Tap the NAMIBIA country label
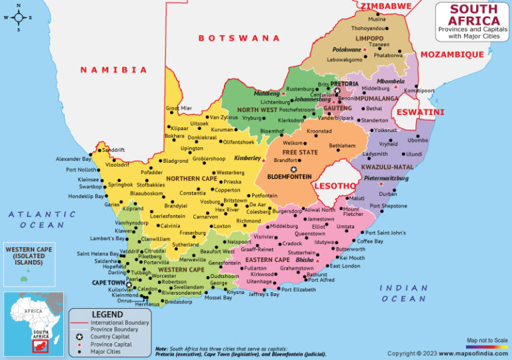[x=113, y=69]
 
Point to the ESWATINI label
[x=420, y=112]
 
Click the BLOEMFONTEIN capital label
[x=289, y=177]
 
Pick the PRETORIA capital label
[x=344, y=84]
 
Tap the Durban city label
[x=387, y=193]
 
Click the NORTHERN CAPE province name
[x=191, y=178]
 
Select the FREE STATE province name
[x=299, y=152]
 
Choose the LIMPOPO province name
[x=369, y=39]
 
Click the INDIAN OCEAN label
[x=403, y=293]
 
